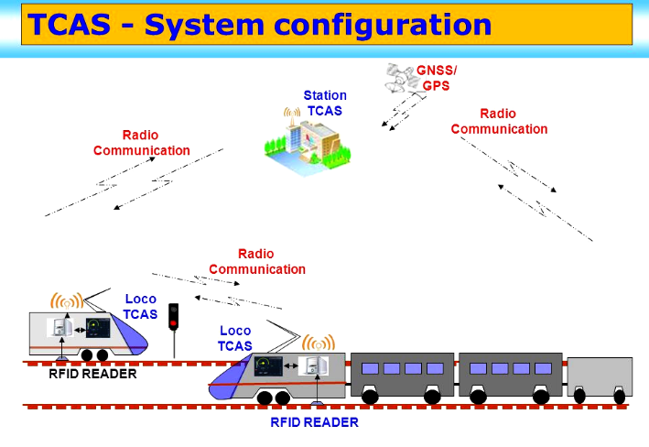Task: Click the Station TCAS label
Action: tap(325, 103)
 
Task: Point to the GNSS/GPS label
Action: tap(436, 78)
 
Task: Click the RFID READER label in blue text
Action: tap(314, 422)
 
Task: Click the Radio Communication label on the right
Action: tap(499, 121)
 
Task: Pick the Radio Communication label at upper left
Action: tap(142, 143)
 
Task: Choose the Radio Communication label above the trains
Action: tap(257, 261)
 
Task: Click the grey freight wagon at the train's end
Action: tap(600, 377)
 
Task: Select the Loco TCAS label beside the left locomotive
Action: tap(140, 307)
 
